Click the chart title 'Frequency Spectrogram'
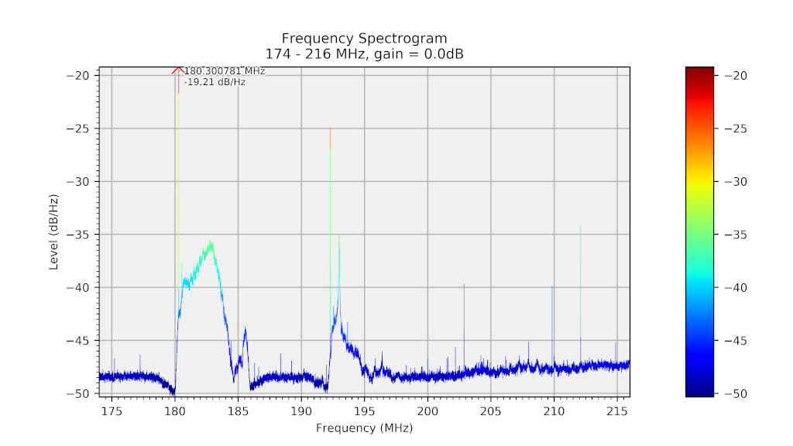(364, 38)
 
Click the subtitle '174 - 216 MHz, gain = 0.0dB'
(364, 53)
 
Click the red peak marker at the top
(178, 70)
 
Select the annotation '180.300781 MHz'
(225, 71)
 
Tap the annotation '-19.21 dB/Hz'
(215, 81)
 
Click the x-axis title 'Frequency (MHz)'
(364, 427)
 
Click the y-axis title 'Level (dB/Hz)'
(54, 232)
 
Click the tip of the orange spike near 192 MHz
(331, 129)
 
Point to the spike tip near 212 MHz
(580, 225)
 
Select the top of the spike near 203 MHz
(464, 284)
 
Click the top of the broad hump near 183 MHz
(210, 242)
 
